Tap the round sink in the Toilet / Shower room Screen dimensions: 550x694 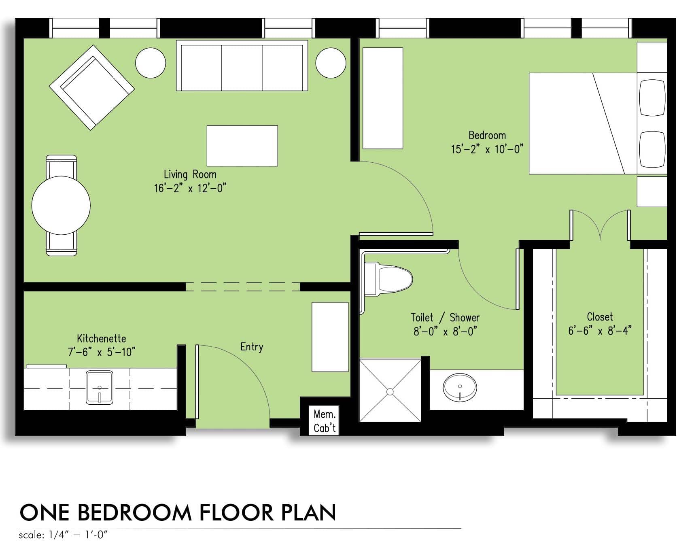[x=460, y=387]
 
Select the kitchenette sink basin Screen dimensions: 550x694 [x=99, y=387]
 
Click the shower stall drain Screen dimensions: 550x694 [x=390, y=392]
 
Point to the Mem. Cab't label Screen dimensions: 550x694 [x=325, y=421]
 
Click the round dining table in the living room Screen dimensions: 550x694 [x=61, y=205]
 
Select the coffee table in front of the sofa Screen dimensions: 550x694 [x=242, y=146]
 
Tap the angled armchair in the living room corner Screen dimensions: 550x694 [x=92, y=87]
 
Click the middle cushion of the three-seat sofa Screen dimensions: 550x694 [x=242, y=67]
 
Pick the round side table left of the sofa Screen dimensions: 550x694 [x=151, y=63]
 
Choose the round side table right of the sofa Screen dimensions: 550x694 [x=331, y=63]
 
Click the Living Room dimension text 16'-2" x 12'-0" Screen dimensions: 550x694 [x=190, y=188]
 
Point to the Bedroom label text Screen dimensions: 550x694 [x=487, y=135]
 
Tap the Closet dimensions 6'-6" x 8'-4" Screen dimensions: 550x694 [x=600, y=331]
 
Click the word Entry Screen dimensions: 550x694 [x=252, y=347]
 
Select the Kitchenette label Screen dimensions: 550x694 [x=102, y=338]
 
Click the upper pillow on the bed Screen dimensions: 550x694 [x=652, y=98]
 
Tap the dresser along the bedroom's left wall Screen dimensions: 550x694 [x=382, y=98]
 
